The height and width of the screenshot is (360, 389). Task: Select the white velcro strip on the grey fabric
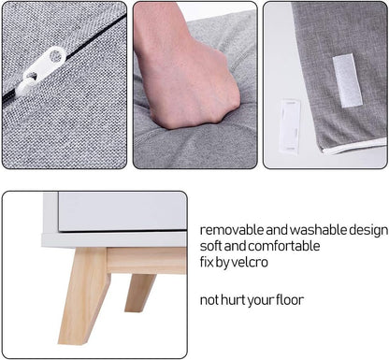pos(347,80)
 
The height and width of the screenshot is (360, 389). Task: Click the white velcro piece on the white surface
pos(290,125)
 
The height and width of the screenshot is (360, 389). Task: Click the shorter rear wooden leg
pos(140,293)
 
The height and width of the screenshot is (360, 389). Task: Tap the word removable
pos(232,230)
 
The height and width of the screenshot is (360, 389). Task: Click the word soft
pos(211,246)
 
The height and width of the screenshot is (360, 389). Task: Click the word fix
pos(207,262)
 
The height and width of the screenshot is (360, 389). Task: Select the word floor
pos(290,300)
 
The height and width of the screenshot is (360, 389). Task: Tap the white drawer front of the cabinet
pos(122,211)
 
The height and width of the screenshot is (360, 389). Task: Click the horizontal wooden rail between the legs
pos(147,261)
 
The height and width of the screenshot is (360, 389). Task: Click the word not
pos(209,300)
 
